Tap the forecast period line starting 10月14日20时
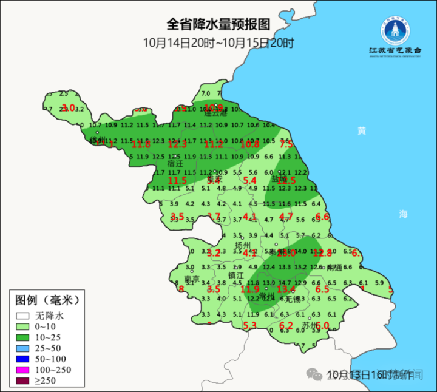click(218, 43)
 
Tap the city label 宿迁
click(175, 164)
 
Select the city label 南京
click(192, 279)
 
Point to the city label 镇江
click(236, 275)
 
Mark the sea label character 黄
click(362, 130)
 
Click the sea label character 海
click(404, 214)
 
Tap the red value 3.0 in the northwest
click(69, 108)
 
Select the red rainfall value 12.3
click(177, 144)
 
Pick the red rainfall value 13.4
click(286, 289)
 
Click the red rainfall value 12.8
click(322, 253)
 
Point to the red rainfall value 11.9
click(249, 289)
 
